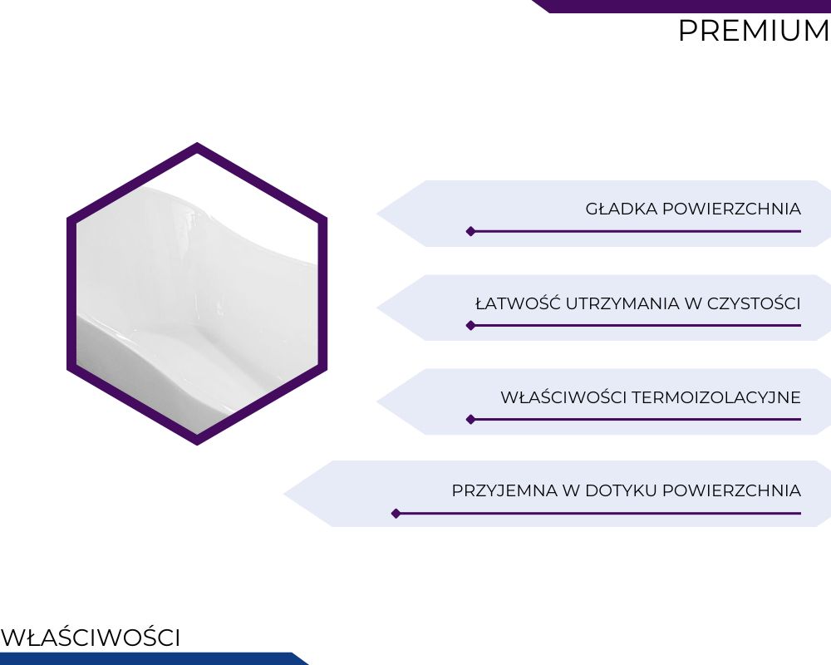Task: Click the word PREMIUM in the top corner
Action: point(755,31)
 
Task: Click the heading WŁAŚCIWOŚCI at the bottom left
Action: point(91,637)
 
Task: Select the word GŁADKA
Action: point(621,209)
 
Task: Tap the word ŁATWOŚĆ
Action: point(518,303)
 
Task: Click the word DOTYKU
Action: point(621,490)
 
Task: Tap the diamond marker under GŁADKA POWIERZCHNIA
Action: point(470,231)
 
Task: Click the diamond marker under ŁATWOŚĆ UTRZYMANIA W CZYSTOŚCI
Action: point(470,325)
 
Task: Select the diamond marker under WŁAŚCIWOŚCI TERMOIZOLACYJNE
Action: point(470,420)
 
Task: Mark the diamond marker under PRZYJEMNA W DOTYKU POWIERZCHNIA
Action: point(396,514)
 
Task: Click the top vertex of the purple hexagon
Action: point(197,143)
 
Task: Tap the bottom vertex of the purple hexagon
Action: point(197,445)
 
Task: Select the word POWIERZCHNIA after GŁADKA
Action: point(731,209)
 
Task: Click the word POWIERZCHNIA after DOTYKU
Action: point(731,490)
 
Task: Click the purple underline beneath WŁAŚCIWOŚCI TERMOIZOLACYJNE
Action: point(636,420)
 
